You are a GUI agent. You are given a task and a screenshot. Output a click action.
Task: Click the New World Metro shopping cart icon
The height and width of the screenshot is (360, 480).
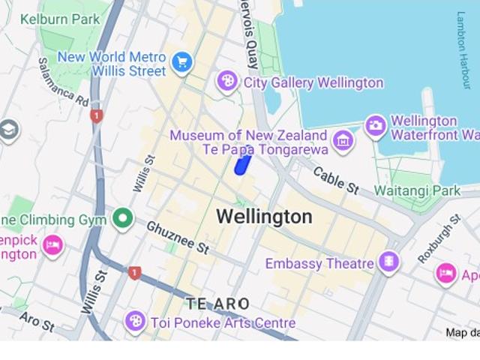[x=181, y=63]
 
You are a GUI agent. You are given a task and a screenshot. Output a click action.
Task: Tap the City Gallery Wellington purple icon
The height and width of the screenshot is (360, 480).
[x=227, y=82]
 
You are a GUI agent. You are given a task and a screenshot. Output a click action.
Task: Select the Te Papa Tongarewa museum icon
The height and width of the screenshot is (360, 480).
[x=343, y=139]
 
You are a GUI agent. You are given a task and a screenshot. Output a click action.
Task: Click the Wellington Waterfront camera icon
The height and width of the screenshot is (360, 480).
[x=376, y=126]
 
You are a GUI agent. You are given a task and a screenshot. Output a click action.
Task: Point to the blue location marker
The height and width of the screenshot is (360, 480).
[x=241, y=165]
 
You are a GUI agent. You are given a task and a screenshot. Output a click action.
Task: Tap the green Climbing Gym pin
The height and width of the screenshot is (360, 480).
[x=122, y=219]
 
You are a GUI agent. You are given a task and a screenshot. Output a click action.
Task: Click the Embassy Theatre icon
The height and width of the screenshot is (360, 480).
[x=388, y=262]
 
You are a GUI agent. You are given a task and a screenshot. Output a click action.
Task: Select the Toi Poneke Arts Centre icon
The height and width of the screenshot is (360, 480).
[x=136, y=322]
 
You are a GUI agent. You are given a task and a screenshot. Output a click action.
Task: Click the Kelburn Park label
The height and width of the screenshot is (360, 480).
[x=60, y=19]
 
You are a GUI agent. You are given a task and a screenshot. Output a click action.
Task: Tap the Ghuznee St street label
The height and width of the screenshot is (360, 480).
[x=178, y=236]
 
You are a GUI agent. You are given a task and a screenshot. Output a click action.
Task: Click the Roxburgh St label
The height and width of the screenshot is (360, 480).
[x=439, y=238]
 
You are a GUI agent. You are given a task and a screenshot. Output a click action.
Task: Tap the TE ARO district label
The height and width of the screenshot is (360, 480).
[x=217, y=304]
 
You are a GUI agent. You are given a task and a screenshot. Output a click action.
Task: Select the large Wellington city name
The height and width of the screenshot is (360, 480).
[x=264, y=217]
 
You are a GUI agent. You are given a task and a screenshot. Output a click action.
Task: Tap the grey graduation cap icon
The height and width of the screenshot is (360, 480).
[x=8, y=130]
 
